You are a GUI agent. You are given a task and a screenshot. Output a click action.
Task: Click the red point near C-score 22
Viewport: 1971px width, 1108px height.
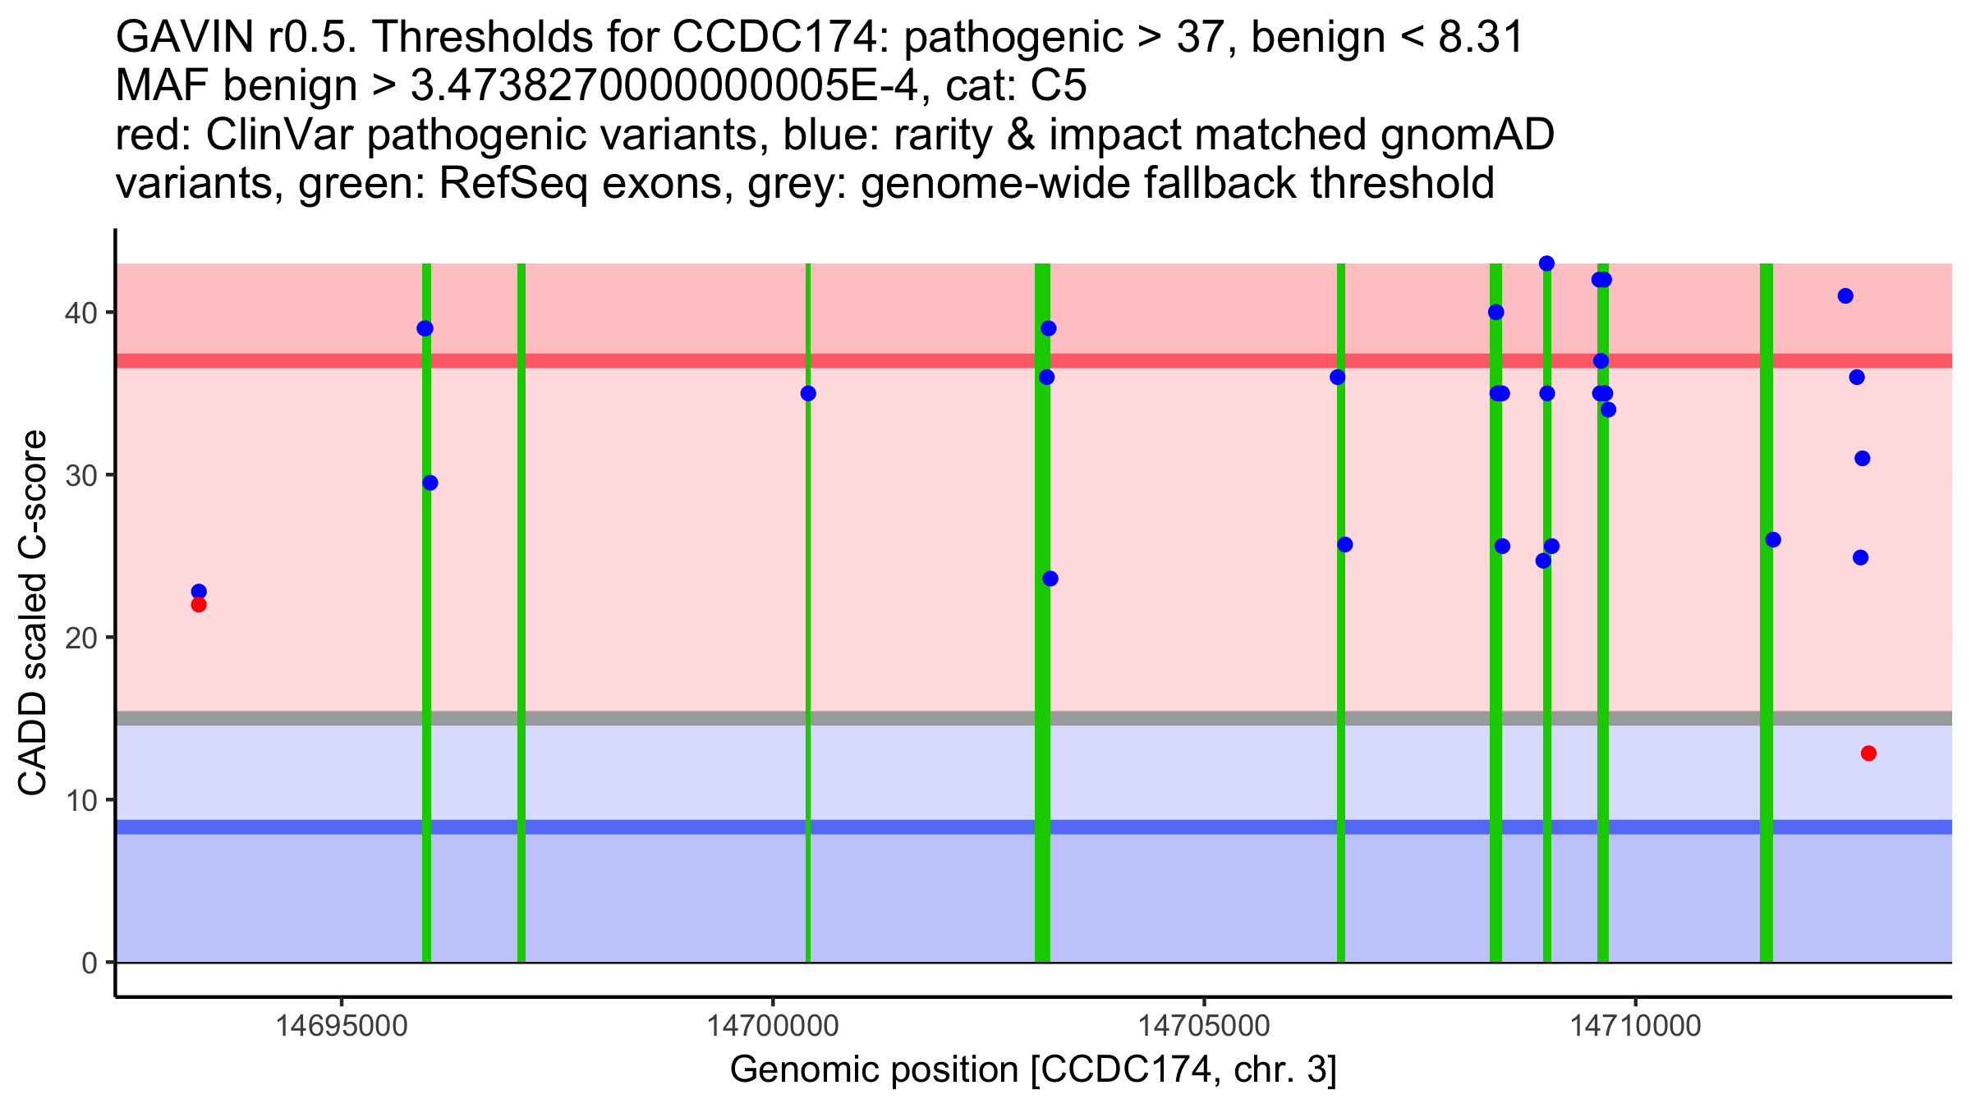click(199, 605)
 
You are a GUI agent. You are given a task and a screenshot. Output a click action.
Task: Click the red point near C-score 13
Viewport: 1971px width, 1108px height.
click(1868, 753)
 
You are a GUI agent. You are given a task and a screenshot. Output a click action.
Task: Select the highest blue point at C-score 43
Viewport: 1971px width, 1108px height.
click(1546, 263)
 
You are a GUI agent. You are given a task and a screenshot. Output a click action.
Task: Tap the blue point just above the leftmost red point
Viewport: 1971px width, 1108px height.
click(199, 592)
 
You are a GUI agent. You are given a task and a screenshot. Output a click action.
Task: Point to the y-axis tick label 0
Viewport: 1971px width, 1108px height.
click(89, 963)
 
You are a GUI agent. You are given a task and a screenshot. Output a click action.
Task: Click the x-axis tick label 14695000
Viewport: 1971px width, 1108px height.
click(342, 1027)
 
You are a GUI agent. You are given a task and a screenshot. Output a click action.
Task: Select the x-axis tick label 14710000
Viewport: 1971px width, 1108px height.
click(1636, 1027)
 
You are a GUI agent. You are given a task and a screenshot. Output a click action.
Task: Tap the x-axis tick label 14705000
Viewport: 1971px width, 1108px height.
click(1205, 1027)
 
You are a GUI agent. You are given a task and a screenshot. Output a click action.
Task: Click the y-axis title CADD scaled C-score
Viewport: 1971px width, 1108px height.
click(33, 614)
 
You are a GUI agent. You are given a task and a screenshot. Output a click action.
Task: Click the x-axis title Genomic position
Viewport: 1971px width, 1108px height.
click(1032, 1070)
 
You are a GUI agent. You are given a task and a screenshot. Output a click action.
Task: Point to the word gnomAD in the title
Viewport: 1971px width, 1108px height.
click(1467, 135)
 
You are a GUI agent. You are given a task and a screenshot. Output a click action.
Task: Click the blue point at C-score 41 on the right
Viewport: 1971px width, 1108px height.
click(1845, 296)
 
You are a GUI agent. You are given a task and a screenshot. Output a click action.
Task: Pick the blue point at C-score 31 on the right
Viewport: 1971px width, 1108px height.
click(1863, 459)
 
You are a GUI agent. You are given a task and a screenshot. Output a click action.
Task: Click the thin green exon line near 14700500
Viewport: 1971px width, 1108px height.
click(808, 657)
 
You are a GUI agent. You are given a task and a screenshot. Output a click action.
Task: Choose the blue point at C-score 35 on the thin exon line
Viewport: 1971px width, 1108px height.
click(808, 394)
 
